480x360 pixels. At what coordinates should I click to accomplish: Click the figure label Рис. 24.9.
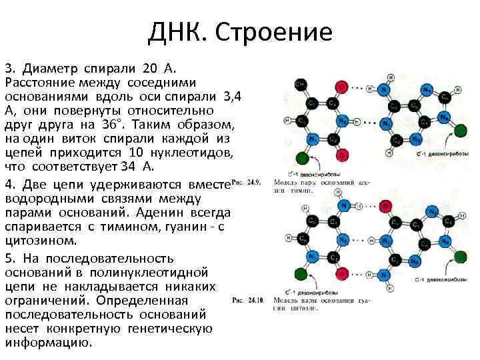click(x=246, y=182)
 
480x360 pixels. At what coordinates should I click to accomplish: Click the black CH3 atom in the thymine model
click(x=301, y=85)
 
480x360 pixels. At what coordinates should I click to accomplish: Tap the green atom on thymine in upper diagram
click(x=302, y=158)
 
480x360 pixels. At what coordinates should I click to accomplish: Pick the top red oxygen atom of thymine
click(x=341, y=87)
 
